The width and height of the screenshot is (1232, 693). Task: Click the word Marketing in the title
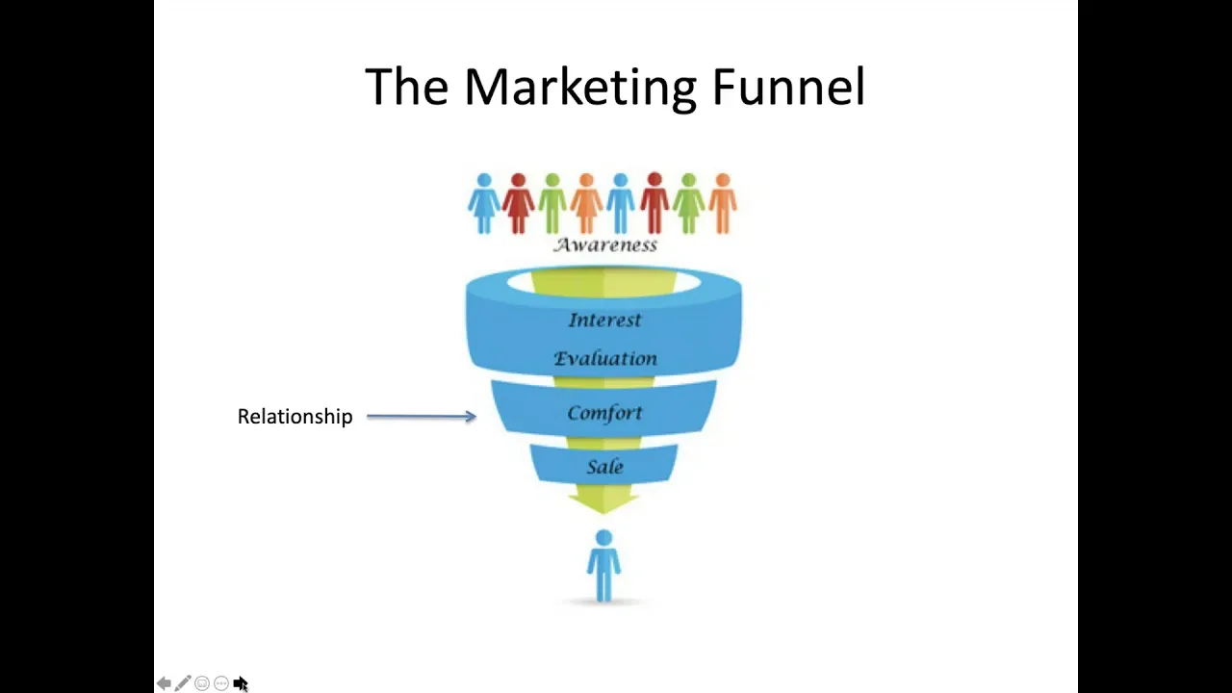tap(580, 88)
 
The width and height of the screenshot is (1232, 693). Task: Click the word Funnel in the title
tap(788, 87)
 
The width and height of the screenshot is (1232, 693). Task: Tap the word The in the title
tap(406, 87)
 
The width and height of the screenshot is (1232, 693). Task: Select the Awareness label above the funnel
tap(605, 244)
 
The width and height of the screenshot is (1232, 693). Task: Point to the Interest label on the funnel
tap(604, 320)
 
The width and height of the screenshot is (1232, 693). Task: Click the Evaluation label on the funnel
tap(605, 359)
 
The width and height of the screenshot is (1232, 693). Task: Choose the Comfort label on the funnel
tap(604, 413)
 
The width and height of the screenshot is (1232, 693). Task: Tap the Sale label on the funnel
tap(605, 467)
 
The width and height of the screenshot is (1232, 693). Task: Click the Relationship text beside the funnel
tap(295, 417)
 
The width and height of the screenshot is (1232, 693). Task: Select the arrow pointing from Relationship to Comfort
tap(422, 417)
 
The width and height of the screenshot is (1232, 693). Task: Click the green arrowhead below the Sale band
tap(603, 503)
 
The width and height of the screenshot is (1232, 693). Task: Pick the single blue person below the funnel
tap(603, 565)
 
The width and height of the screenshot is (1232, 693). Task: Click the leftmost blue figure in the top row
tap(484, 203)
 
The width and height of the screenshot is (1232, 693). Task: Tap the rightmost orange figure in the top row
tap(723, 203)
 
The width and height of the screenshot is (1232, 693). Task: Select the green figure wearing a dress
tap(688, 203)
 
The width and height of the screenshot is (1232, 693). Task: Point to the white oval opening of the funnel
tap(603, 283)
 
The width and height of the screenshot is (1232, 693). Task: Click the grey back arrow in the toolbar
tap(164, 683)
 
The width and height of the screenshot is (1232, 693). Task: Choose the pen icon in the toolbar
tap(183, 683)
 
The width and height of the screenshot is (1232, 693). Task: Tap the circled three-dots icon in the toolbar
tap(221, 683)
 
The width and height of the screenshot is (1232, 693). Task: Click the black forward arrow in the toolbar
tap(241, 683)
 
